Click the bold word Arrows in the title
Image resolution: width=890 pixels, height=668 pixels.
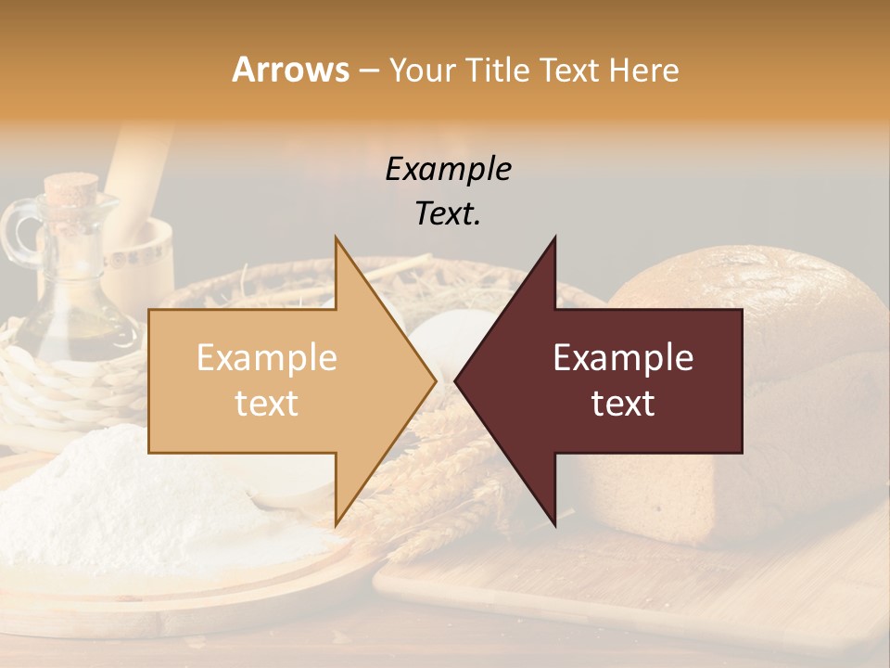pos(291,70)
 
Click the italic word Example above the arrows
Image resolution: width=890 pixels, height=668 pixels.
pos(448,170)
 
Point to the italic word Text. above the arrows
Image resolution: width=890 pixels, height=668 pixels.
pos(448,214)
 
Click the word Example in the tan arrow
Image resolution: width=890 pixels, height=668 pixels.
pos(267,358)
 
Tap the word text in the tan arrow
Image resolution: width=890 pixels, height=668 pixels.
pos(267,404)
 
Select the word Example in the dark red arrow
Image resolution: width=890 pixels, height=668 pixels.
pos(623,358)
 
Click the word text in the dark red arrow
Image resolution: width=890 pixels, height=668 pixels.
pos(623,404)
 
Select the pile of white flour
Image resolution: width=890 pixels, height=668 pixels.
pos(111,501)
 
